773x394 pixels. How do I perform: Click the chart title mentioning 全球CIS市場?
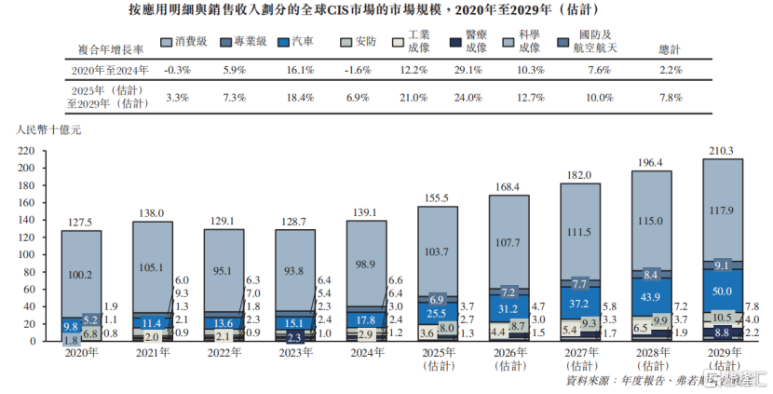(386, 12)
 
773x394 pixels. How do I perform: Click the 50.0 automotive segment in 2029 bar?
(722, 292)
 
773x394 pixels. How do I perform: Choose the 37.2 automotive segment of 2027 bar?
(579, 304)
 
